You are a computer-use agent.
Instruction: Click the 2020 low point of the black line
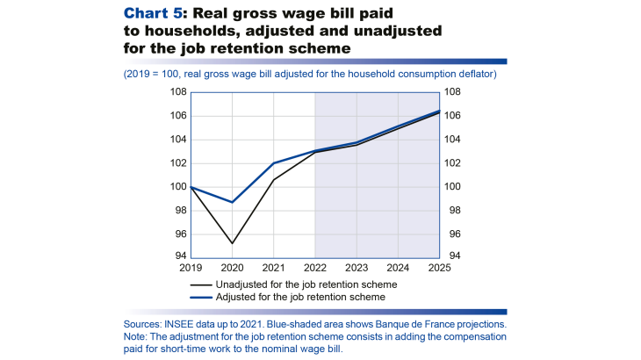tap(233, 243)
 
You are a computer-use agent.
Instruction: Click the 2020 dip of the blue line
tap(233, 202)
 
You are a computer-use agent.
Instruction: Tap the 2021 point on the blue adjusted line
tap(274, 163)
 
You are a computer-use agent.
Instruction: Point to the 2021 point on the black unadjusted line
tap(274, 180)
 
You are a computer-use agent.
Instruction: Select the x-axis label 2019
tap(191, 268)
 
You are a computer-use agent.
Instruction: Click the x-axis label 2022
tap(315, 268)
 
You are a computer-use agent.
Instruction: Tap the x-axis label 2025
tap(439, 268)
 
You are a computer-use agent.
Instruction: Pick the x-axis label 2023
tap(357, 268)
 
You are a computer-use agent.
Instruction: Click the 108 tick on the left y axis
tap(177, 92)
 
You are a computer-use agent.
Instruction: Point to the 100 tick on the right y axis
tap(453, 186)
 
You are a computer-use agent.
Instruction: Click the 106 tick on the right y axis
tap(453, 116)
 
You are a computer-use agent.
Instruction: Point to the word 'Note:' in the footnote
tap(139, 336)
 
